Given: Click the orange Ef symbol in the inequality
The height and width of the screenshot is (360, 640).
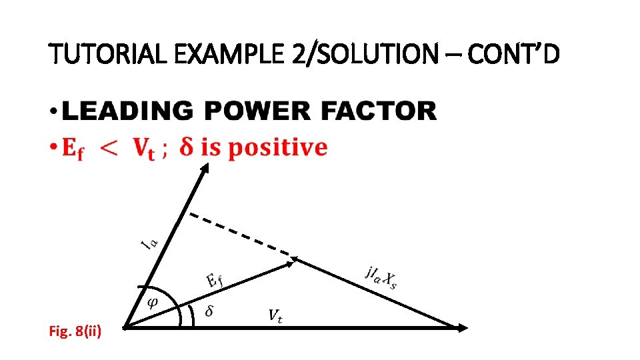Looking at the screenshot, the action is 73,149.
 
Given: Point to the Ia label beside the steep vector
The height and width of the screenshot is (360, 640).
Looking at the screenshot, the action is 149,241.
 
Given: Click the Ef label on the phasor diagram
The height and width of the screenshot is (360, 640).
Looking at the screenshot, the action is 213,279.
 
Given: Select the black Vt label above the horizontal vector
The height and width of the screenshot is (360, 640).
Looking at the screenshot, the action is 275,314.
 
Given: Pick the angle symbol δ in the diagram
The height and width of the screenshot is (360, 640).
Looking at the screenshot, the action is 209,311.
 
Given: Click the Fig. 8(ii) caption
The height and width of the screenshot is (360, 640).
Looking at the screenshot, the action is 75,331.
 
